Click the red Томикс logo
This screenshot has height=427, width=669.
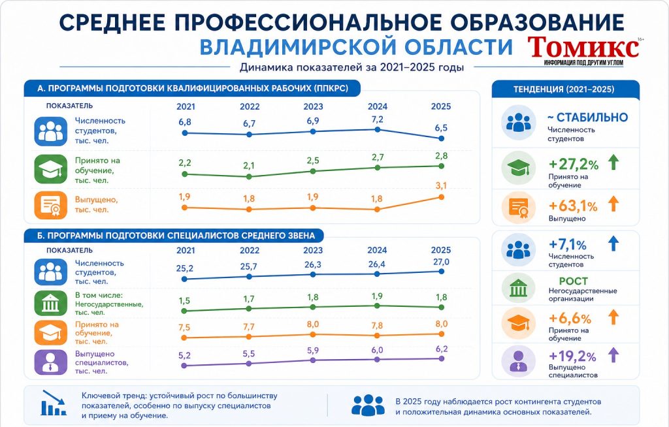click(583, 48)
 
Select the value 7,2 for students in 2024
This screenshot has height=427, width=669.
click(378, 119)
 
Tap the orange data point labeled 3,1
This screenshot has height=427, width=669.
click(441, 197)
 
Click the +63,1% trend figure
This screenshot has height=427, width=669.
click(572, 206)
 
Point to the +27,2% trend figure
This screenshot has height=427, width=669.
click(574, 165)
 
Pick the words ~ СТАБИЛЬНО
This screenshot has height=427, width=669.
click(587, 118)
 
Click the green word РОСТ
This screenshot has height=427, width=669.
click(574, 281)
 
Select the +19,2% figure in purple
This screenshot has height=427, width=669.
click(572, 356)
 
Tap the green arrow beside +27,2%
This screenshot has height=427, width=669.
click(613, 162)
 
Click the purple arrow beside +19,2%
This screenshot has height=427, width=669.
click(613, 355)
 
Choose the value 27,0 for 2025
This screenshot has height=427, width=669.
click(441, 262)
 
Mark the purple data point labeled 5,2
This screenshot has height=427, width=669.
click(184, 366)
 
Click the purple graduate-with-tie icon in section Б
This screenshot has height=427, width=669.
click(51, 362)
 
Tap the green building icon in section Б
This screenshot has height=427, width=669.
click(51, 304)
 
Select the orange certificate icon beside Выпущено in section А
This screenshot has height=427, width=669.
click(51, 205)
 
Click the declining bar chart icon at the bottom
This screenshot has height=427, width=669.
click(54, 403)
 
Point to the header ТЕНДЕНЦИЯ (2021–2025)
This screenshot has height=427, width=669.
click(564, 89)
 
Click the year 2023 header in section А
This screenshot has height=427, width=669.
click(313, 106)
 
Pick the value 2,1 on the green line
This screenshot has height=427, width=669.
click(249, 165)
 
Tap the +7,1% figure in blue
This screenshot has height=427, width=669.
click(568, 245)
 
